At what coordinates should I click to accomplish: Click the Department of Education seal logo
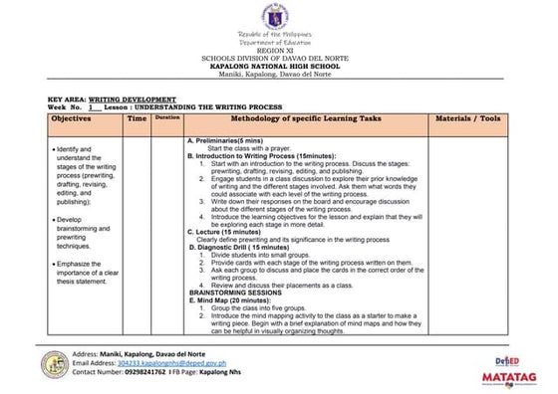(x=278, y=17)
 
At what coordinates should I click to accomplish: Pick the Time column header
(x=137, y=118)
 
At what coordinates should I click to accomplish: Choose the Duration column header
(x=166, y=118)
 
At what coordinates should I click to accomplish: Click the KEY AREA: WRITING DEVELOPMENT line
(x=113, y=99)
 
